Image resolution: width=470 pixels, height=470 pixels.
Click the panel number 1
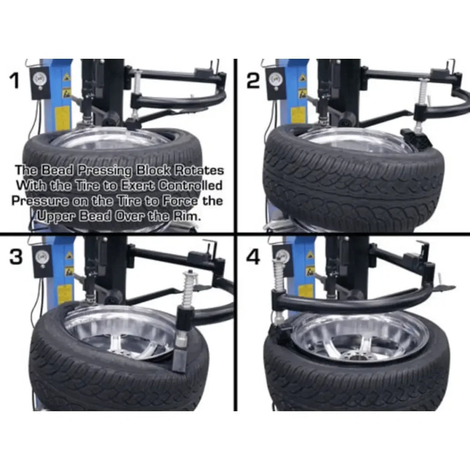click(x=15, y=81)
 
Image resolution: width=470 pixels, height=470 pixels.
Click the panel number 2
click(x=253, y=81)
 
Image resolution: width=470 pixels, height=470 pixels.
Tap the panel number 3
click(x=16, y=257)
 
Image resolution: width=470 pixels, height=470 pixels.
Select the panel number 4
click(x=254, y=257)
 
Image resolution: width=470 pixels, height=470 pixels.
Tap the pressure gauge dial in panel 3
click(x=42, y=255)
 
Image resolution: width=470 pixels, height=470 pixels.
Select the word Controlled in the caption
click(x=190, y=185)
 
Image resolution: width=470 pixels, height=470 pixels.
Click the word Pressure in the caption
click(x=39, y=201)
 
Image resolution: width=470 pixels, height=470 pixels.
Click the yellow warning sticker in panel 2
click(x=297, y=115)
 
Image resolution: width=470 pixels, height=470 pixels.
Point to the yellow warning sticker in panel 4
click(x=305, y=291)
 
